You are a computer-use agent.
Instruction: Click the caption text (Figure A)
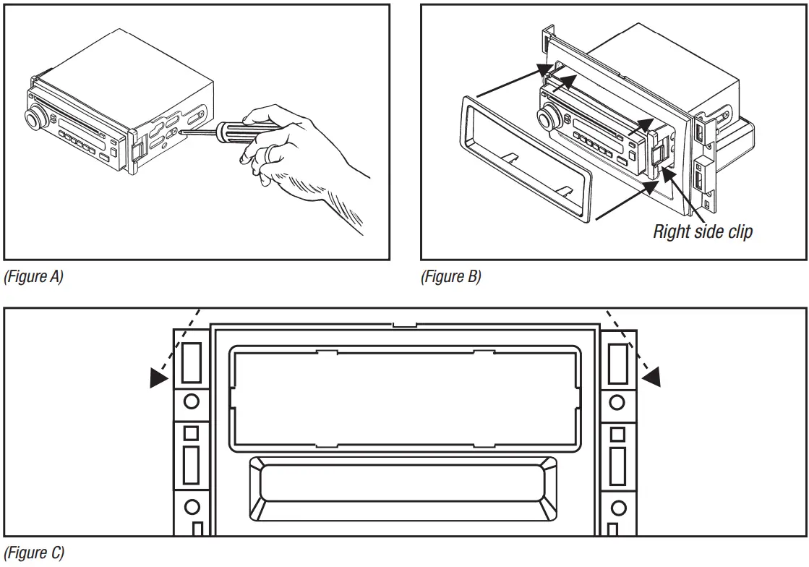click(34, 277)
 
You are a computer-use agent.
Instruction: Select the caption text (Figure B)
click(450, 277)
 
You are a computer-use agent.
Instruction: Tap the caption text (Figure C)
click(34, 553)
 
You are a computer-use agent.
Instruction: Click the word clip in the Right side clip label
click(739, 232)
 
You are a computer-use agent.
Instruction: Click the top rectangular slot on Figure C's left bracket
click(191, 363)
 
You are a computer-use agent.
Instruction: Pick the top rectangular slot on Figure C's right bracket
click(618, 363)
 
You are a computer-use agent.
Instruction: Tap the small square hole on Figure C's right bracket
click(618, 434)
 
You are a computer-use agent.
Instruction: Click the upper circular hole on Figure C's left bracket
click(191, 401)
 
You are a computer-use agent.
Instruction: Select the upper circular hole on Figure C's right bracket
click(618, 401)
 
